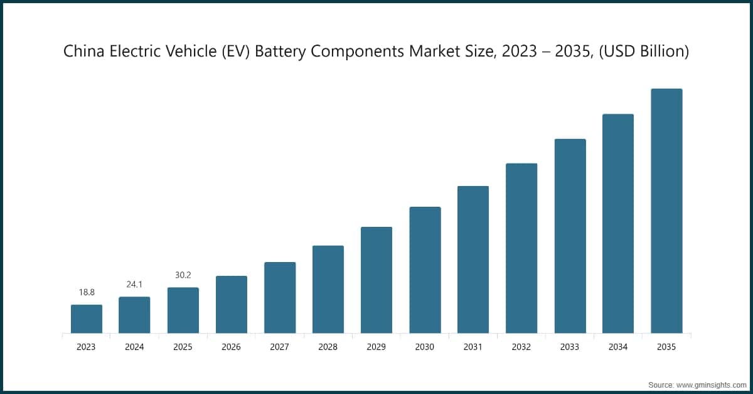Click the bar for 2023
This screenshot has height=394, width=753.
coord(87,319)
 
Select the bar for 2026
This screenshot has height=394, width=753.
coord(232,304)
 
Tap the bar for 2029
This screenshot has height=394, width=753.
coord(376,280)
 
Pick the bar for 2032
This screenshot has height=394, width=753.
coord(521,248)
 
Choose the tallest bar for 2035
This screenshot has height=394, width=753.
coord(666,211)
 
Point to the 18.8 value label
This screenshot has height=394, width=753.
coord(87,293)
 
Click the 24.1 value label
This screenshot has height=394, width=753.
coord(134,285)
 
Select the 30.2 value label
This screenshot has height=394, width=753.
coord(183,275)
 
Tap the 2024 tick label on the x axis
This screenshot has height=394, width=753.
coord(134,347)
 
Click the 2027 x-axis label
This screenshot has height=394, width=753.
coord(280,347)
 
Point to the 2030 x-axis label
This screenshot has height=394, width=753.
coord(425,347)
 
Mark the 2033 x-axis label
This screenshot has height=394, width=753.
coord(570,347)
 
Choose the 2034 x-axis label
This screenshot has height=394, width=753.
coord(618,347)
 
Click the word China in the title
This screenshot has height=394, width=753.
coord(83,52)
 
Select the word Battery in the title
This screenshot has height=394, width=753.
coord(284,52)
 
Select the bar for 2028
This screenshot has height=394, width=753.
coord(328,289)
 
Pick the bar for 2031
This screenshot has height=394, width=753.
coord(473,260)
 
